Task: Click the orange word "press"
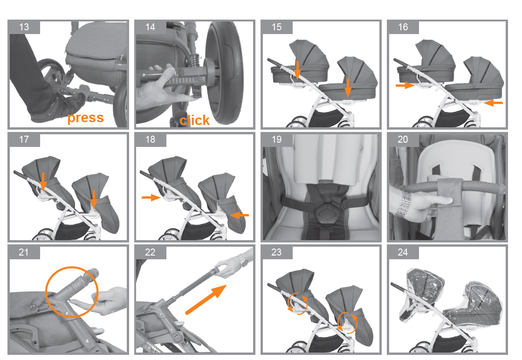tap(86, 118)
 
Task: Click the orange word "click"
tap(195, 120)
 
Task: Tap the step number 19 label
tap(277, 139)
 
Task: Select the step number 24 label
tap(403, 252)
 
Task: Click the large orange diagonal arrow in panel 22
tap(206, 299)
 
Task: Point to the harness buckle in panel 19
tap(323, 213)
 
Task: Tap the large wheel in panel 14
tap(224, 73)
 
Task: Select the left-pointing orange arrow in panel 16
tap(494, 103)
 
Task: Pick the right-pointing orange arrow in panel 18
tap(151, 197)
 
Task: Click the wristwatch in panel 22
tap(243, 260)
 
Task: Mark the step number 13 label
tap(24, 27)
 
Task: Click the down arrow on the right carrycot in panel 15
tap(348, 87)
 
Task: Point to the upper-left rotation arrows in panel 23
tap(297, 303)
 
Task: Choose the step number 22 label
tap(150, 252)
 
